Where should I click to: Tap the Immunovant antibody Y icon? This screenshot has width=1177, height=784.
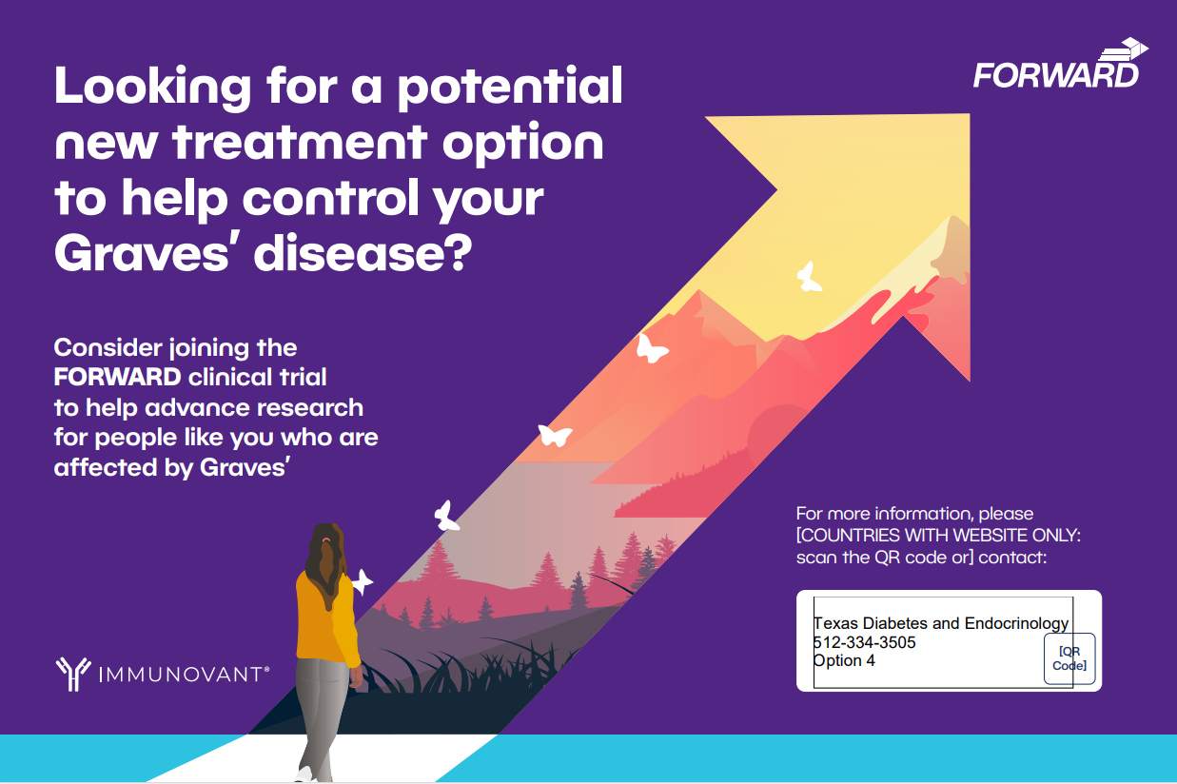click(73, 674)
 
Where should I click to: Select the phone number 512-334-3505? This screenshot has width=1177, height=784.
click(864, 642)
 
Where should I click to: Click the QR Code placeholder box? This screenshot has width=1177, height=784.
click(1069, 658)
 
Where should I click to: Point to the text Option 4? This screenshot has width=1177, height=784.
click(844, 660)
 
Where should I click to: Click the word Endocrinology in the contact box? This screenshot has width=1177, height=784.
click(1016, 624)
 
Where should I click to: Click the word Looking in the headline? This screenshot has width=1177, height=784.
click(153, 88)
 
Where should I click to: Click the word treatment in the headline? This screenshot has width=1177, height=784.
click(300, 143)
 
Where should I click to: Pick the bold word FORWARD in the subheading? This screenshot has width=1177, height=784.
click(118, 378)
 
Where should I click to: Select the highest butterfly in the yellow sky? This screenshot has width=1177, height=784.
click(809, 277)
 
